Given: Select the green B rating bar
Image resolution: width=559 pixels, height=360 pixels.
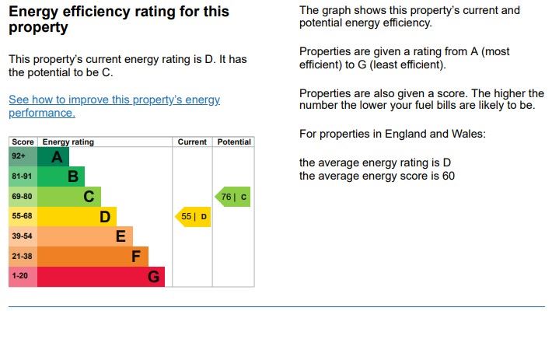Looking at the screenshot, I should tap(61, 177).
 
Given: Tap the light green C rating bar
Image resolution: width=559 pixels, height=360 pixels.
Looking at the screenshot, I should tap(69, 197).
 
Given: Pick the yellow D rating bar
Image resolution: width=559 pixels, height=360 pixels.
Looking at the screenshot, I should tap(76, 217).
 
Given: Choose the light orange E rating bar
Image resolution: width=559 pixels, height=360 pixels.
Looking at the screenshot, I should tap(85, 236).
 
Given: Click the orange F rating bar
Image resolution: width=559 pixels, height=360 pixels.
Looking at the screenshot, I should tap(93, 257).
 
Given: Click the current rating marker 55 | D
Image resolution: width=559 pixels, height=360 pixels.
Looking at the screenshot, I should tap(194, 217).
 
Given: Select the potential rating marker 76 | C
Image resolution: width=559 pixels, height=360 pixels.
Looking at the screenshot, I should tap(233, 197).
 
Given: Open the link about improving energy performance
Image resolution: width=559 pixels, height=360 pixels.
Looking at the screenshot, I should tap(114, 107).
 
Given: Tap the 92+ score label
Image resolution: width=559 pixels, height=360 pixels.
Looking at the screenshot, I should tap(19, 156).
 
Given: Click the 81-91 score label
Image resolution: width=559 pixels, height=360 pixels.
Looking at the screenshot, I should tap(22, 177).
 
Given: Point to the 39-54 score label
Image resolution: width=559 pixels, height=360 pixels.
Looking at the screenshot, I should tap(22, 236).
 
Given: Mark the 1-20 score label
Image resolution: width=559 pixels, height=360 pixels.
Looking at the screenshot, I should tap(20, 277).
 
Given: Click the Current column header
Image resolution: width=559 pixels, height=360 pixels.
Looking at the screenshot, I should tap(192, 142).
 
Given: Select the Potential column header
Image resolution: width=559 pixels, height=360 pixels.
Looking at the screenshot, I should tap(234, 142).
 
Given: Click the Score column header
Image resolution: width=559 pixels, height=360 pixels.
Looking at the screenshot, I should tap(23, 142).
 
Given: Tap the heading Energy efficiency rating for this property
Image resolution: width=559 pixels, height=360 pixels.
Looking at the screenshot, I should tap(118, 19).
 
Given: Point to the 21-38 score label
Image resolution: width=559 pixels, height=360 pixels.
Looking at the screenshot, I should tap(22, 257).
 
